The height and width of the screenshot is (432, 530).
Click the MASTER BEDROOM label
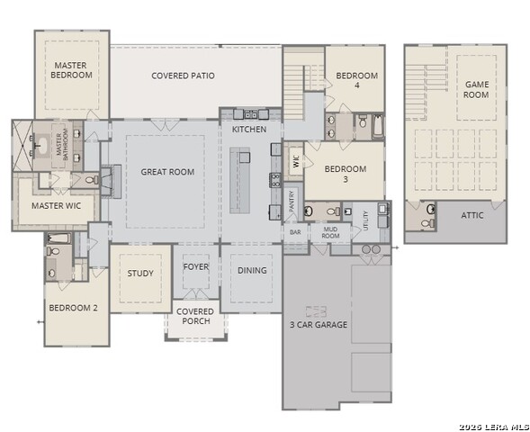click(72, 70)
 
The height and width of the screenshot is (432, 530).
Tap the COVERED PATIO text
click(183, 76)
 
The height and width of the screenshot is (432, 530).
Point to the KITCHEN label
click(249, 130)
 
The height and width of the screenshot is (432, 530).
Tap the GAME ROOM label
click(476, 89)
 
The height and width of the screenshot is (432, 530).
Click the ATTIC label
click(473, 216)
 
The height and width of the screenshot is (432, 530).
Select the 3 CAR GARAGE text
click(318, 325)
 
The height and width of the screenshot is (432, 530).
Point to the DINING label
click(252, 271)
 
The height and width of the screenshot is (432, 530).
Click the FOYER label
click(195, 266)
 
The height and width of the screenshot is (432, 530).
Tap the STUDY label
click(140, 274)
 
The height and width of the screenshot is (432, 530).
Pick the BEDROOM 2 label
click(73, 308)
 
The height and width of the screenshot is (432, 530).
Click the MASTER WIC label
click(52, 206)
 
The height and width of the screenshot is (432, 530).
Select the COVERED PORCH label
click(195, 317)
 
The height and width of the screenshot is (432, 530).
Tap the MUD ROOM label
click(330, 232)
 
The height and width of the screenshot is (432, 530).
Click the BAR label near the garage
click(295, 232)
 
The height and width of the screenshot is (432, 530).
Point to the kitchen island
click(244, 180)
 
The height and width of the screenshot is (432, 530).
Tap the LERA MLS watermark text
click(491, 426)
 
